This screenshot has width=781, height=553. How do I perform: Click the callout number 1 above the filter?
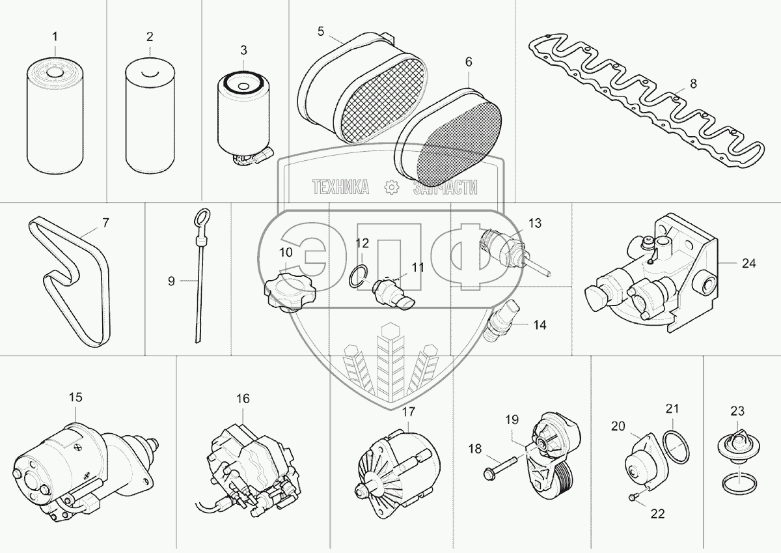(x=55, y=35)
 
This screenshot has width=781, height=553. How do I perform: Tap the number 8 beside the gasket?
(x=692, y=83)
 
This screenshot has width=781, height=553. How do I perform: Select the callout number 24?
(x=748, y=264)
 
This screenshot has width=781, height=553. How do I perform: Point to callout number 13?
(x=534, y=223)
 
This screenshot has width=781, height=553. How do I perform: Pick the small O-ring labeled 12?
(x=356, y=277)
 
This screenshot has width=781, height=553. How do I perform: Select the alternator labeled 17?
(x=393, y=466)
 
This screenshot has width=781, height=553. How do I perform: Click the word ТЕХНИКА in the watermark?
(x=341, y=188)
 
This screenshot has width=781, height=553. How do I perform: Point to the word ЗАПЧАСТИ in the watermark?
(x=446, y=188)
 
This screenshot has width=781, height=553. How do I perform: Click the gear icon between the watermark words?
(x=392, y=188)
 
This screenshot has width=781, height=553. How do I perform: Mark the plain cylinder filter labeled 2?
(x=149, y=117)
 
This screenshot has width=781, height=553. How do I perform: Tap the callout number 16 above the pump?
(x=242, y=399)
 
